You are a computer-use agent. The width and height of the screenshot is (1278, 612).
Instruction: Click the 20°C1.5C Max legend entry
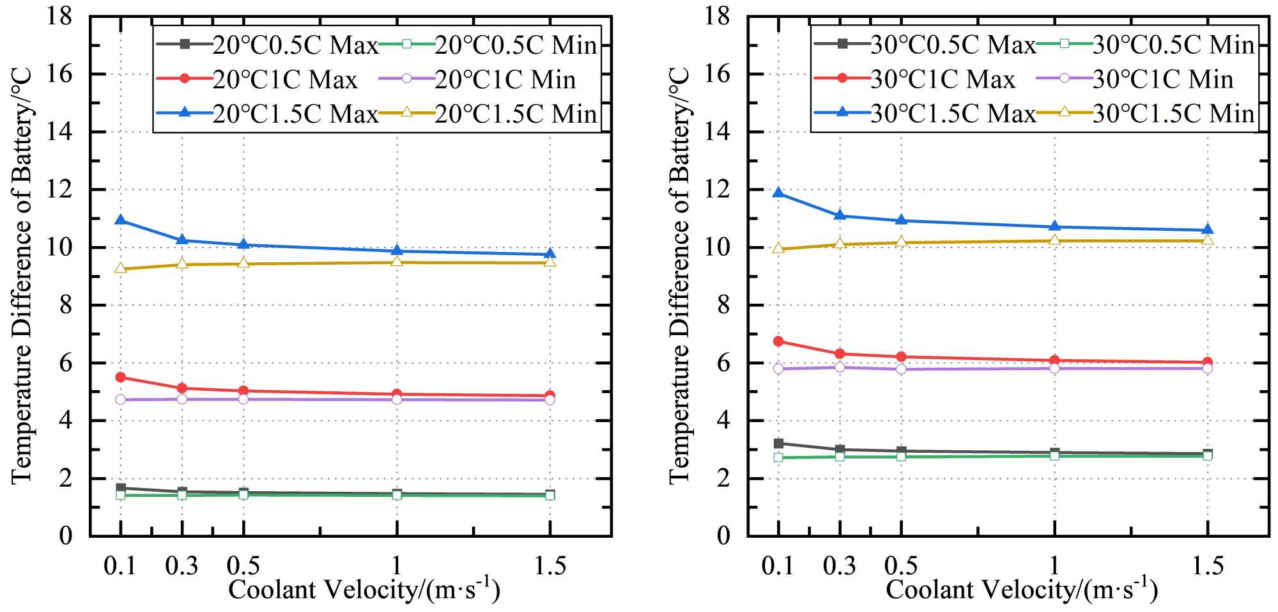(268, 114)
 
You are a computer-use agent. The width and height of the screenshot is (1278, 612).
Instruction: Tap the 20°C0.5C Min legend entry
(489, 45)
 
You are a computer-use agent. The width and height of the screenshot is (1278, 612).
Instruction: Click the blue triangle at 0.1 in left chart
(120, 220)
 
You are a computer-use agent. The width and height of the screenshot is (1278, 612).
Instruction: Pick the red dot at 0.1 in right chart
(778, 341)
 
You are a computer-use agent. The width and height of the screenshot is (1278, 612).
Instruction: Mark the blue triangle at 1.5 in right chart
(1208, 230)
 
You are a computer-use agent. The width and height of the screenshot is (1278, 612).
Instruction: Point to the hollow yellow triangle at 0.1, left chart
(120, 269)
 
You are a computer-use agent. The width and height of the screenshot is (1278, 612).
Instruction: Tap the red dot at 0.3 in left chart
(182, 388)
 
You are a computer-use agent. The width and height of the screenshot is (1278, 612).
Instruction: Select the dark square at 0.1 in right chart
(778, 443)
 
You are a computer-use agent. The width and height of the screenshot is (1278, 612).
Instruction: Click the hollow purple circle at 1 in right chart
(1054, 368)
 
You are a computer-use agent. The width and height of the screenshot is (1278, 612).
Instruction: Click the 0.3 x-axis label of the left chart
(181, 566)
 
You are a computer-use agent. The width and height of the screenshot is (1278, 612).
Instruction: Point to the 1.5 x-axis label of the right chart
(1208, 566)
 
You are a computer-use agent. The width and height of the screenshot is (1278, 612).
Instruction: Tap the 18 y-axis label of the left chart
(59, 16)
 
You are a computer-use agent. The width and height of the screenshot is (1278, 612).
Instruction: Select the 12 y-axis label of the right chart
(717, 190)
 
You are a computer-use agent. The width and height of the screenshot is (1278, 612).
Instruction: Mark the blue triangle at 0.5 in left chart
(243, 244)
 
